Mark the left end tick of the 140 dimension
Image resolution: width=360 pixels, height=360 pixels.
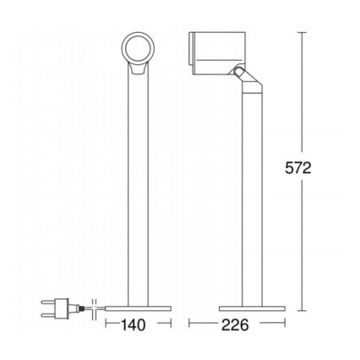(106, 323)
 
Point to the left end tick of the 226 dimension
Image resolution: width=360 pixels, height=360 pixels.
(189, 323)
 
